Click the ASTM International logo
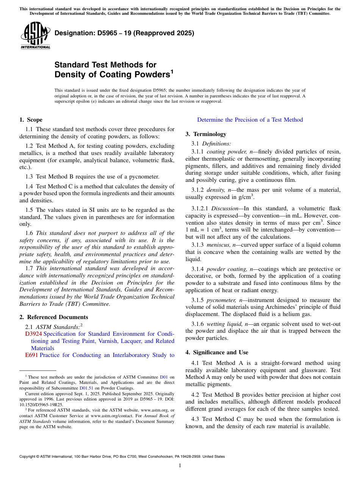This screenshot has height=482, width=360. tap(35, 36)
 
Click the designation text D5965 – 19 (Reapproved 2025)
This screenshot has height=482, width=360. tap(124, 33)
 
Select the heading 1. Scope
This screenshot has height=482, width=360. tap(31, 120)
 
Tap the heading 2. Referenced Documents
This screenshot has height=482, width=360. tap(53, 317)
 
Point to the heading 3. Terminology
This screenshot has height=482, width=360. tap(206, 134)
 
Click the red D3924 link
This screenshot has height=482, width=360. tap(33, 334)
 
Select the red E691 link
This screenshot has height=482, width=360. tap(31, 355)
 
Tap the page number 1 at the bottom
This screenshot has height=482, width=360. tap(180, 465)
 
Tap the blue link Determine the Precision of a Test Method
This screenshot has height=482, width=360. tap(250, 120)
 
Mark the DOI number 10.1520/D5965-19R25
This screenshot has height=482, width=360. tap(41, 405)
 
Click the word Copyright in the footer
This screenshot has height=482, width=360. tap(29, 457)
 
